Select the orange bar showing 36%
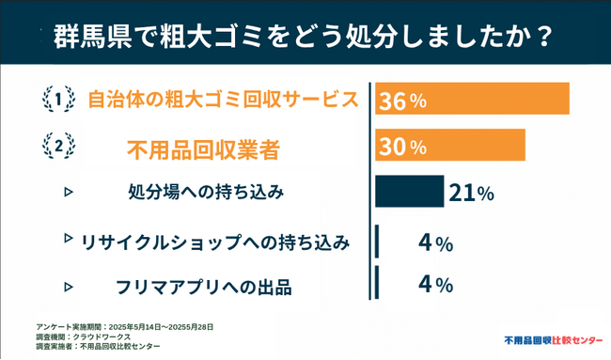472,100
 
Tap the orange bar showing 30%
449,146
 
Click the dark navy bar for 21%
410,191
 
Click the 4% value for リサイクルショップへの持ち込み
436,243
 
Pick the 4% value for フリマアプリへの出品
436,283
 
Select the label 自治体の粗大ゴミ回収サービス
223,100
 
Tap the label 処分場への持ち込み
205,193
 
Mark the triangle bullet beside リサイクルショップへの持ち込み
68,238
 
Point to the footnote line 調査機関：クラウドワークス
77,336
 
